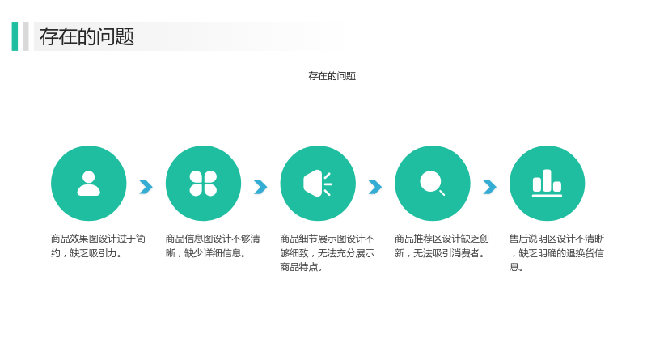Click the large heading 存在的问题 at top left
(x=87, y=36)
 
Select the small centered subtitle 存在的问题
(x=332, y=76)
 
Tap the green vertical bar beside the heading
(x=15, y=36)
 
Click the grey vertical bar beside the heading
(x=26, y=36)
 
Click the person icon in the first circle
(x=89, y=184)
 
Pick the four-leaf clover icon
(x=203, y=184)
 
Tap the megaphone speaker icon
(x=317, y=184)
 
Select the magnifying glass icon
(x=432, y=183)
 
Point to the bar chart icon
(x=548, y=184)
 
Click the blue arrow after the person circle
(x=146, y=187)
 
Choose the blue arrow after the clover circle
(x=260, y=187)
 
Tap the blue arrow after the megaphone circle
(x=375, y=187)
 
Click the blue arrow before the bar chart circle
(x=490, y=187)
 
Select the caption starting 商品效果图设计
(x=98, y=246)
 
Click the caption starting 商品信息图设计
(x=213, y=246)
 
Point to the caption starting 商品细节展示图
(x=328, y=253)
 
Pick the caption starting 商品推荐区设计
(x=442, y=246)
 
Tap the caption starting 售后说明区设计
(x=556, y=253)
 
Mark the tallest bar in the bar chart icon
(x=548, y=180)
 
